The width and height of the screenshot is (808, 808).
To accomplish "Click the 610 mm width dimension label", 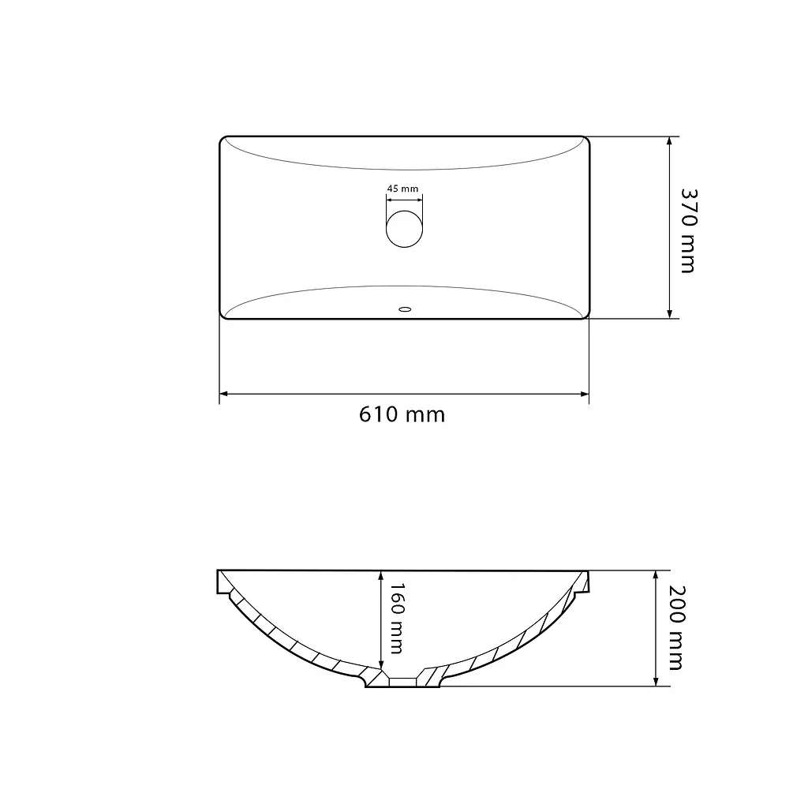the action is [x=402, y=414].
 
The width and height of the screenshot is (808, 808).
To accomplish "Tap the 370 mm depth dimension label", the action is [x=688, y=230].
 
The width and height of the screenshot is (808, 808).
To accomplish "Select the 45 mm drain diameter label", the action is [x=403, y=189].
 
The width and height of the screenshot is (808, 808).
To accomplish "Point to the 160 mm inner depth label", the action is [x=397, y=619].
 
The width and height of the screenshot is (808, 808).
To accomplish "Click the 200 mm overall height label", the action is [x=676, y=627].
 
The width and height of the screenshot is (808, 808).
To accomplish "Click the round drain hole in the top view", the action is [x=405, y=229].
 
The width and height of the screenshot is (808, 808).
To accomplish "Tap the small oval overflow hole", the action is [x=405, y=309].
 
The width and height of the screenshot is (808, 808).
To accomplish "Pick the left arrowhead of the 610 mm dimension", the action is [x=223, y=395].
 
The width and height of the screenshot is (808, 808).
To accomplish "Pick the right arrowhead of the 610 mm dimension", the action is [x=585, y=395].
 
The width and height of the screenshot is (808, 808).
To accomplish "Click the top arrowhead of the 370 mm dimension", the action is [x=669, y=141].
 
